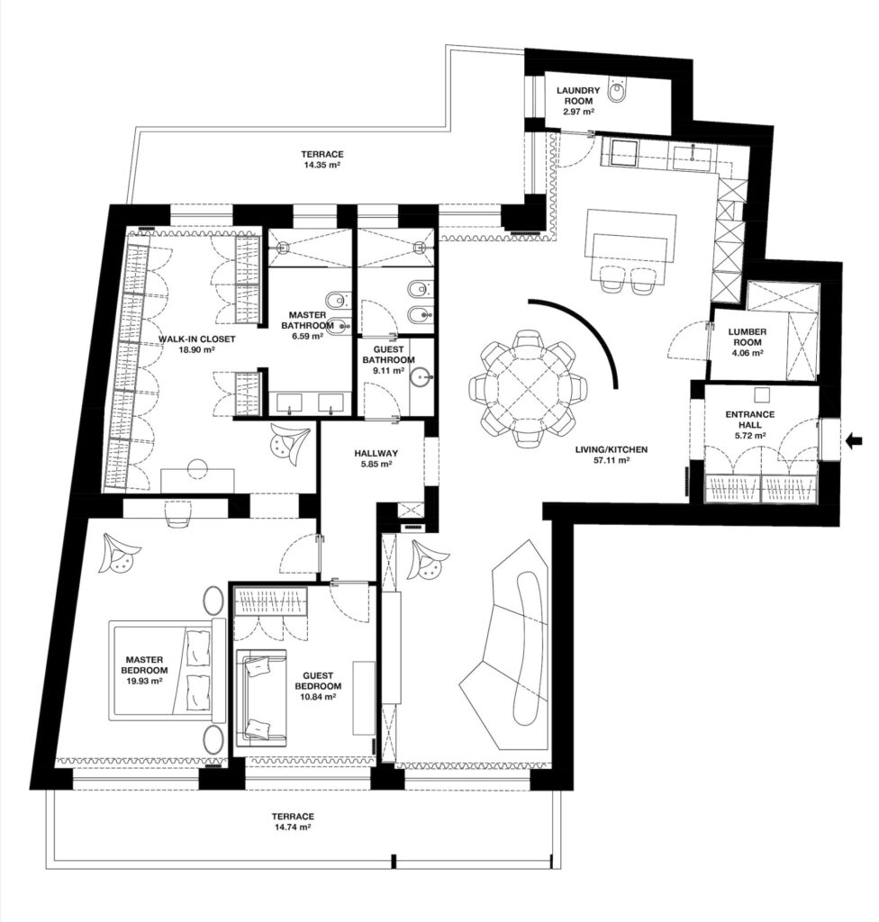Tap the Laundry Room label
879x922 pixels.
click(578, 95)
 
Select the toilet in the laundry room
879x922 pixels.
click(618, 91)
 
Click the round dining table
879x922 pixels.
click(528, 389)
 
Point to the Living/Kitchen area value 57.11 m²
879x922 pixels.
click(612, 460)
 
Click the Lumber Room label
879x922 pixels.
click(748, 337)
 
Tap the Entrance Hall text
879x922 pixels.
click(749, 420)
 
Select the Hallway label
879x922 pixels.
click(376, 454)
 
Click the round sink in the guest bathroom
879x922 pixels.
click(421, 377)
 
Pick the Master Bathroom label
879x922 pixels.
click(307, 321)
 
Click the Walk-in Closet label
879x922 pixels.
click(196, 339)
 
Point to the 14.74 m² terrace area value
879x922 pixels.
click(293, 827)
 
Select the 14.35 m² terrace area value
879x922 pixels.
click(322, 166)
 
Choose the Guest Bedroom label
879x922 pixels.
click(318, 681)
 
